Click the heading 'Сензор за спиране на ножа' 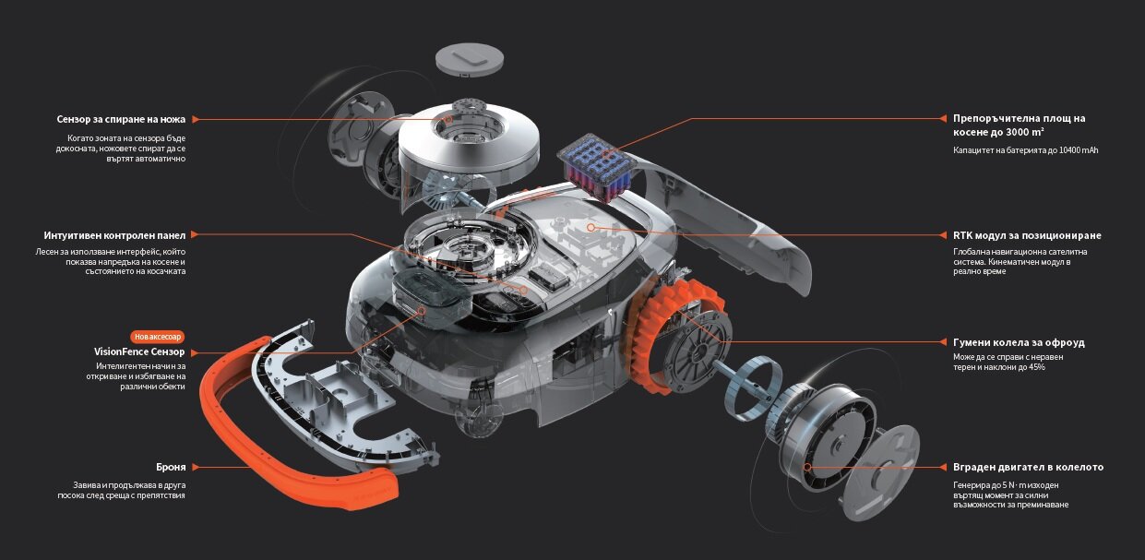pos(121,119)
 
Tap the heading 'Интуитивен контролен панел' pos(114,235)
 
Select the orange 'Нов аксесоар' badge pos(158,337)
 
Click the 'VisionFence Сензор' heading pos(139,351)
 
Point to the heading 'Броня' pos(171,467)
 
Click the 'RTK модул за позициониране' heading pos(1027,235)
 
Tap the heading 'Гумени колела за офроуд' pos(1019,342)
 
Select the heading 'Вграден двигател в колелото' pos(1028,467)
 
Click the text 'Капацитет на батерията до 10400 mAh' pos(1025,150)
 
